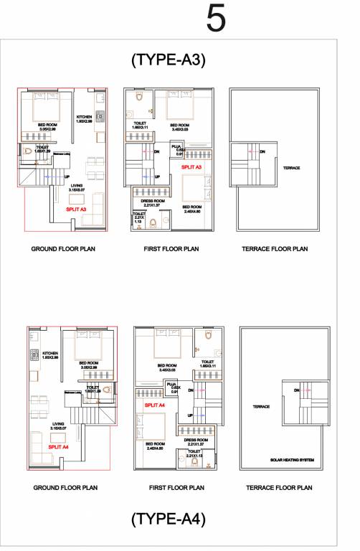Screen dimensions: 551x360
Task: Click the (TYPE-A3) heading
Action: click(169, 60)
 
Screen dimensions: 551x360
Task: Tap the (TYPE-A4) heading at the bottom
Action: click(169, 518)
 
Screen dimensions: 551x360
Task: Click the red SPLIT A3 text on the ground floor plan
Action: click(76, 209)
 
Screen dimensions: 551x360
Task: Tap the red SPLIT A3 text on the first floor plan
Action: click(191, 166)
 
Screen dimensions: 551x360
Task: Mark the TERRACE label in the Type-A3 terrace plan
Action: click(291, 169)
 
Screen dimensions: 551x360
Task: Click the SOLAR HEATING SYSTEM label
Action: click(291, 459)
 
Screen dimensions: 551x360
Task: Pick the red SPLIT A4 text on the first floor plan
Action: click(155, 405)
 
